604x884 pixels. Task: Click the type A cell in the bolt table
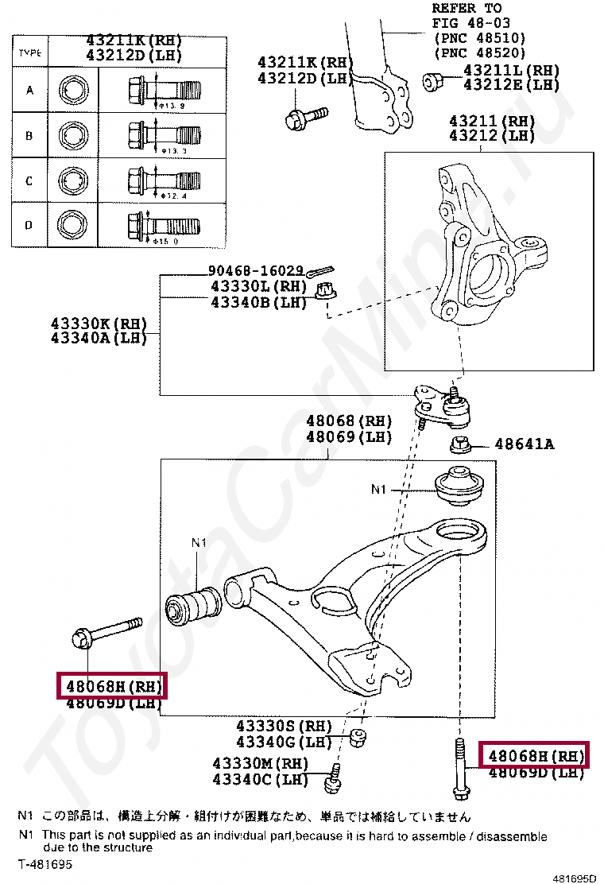point(29,90)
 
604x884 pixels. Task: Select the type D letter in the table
point(29,225)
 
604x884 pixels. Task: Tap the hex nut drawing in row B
point(72,134)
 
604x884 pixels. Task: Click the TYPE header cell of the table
point(29,52)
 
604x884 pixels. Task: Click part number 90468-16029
point(256,270)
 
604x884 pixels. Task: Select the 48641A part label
point(524,444)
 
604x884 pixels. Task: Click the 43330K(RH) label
point(99,324)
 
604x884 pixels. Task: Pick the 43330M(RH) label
point(260,764)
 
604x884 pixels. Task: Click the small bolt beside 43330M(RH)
point(333,779)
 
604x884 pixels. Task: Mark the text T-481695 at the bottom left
point(45,863)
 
